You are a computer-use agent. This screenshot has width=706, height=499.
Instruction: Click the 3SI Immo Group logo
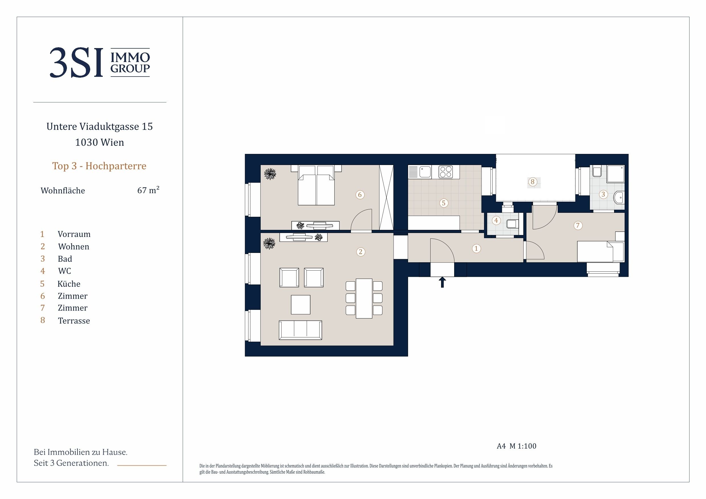[x=100, y=62]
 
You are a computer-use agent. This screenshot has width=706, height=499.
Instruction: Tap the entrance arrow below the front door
[x=442, y=282]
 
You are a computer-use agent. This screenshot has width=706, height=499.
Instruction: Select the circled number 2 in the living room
[x=361, y=252]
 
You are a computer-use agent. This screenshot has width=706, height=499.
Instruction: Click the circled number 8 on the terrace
[x=533, y=182]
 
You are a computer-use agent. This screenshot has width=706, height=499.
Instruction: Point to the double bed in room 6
[x=316, y=185]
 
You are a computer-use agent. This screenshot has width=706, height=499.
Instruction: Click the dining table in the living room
[x=364, y=298]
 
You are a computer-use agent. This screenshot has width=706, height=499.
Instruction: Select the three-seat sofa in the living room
[x=300, y=330]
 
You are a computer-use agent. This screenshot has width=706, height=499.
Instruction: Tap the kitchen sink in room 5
[x=425, y=172]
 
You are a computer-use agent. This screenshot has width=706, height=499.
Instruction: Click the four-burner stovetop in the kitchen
[x=446, y=172]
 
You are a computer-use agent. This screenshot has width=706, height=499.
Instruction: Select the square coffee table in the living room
[x=300, y=305]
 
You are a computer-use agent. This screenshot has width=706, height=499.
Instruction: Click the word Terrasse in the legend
[x=74, y=321]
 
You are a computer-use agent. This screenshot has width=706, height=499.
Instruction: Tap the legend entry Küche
[x=69, y=283]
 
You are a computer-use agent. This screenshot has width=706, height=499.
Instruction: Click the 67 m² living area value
[x=148, y=190]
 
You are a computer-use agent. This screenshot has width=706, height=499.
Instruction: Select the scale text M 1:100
[x=523, y=446]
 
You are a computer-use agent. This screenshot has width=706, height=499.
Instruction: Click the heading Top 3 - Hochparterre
[x=99, y=166]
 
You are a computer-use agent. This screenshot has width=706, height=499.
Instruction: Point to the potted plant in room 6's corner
[x=270, y=174]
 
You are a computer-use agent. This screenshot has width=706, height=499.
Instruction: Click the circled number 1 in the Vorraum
[x=476, y=248]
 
